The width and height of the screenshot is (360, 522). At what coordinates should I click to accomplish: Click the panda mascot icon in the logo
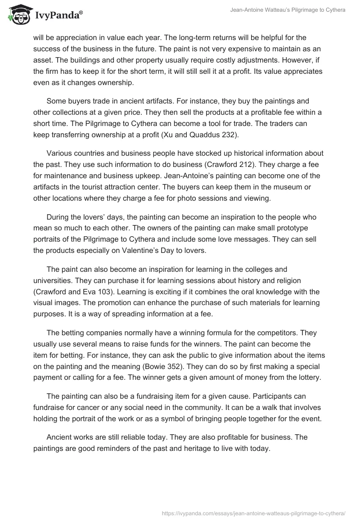click(x=18, y=14)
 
